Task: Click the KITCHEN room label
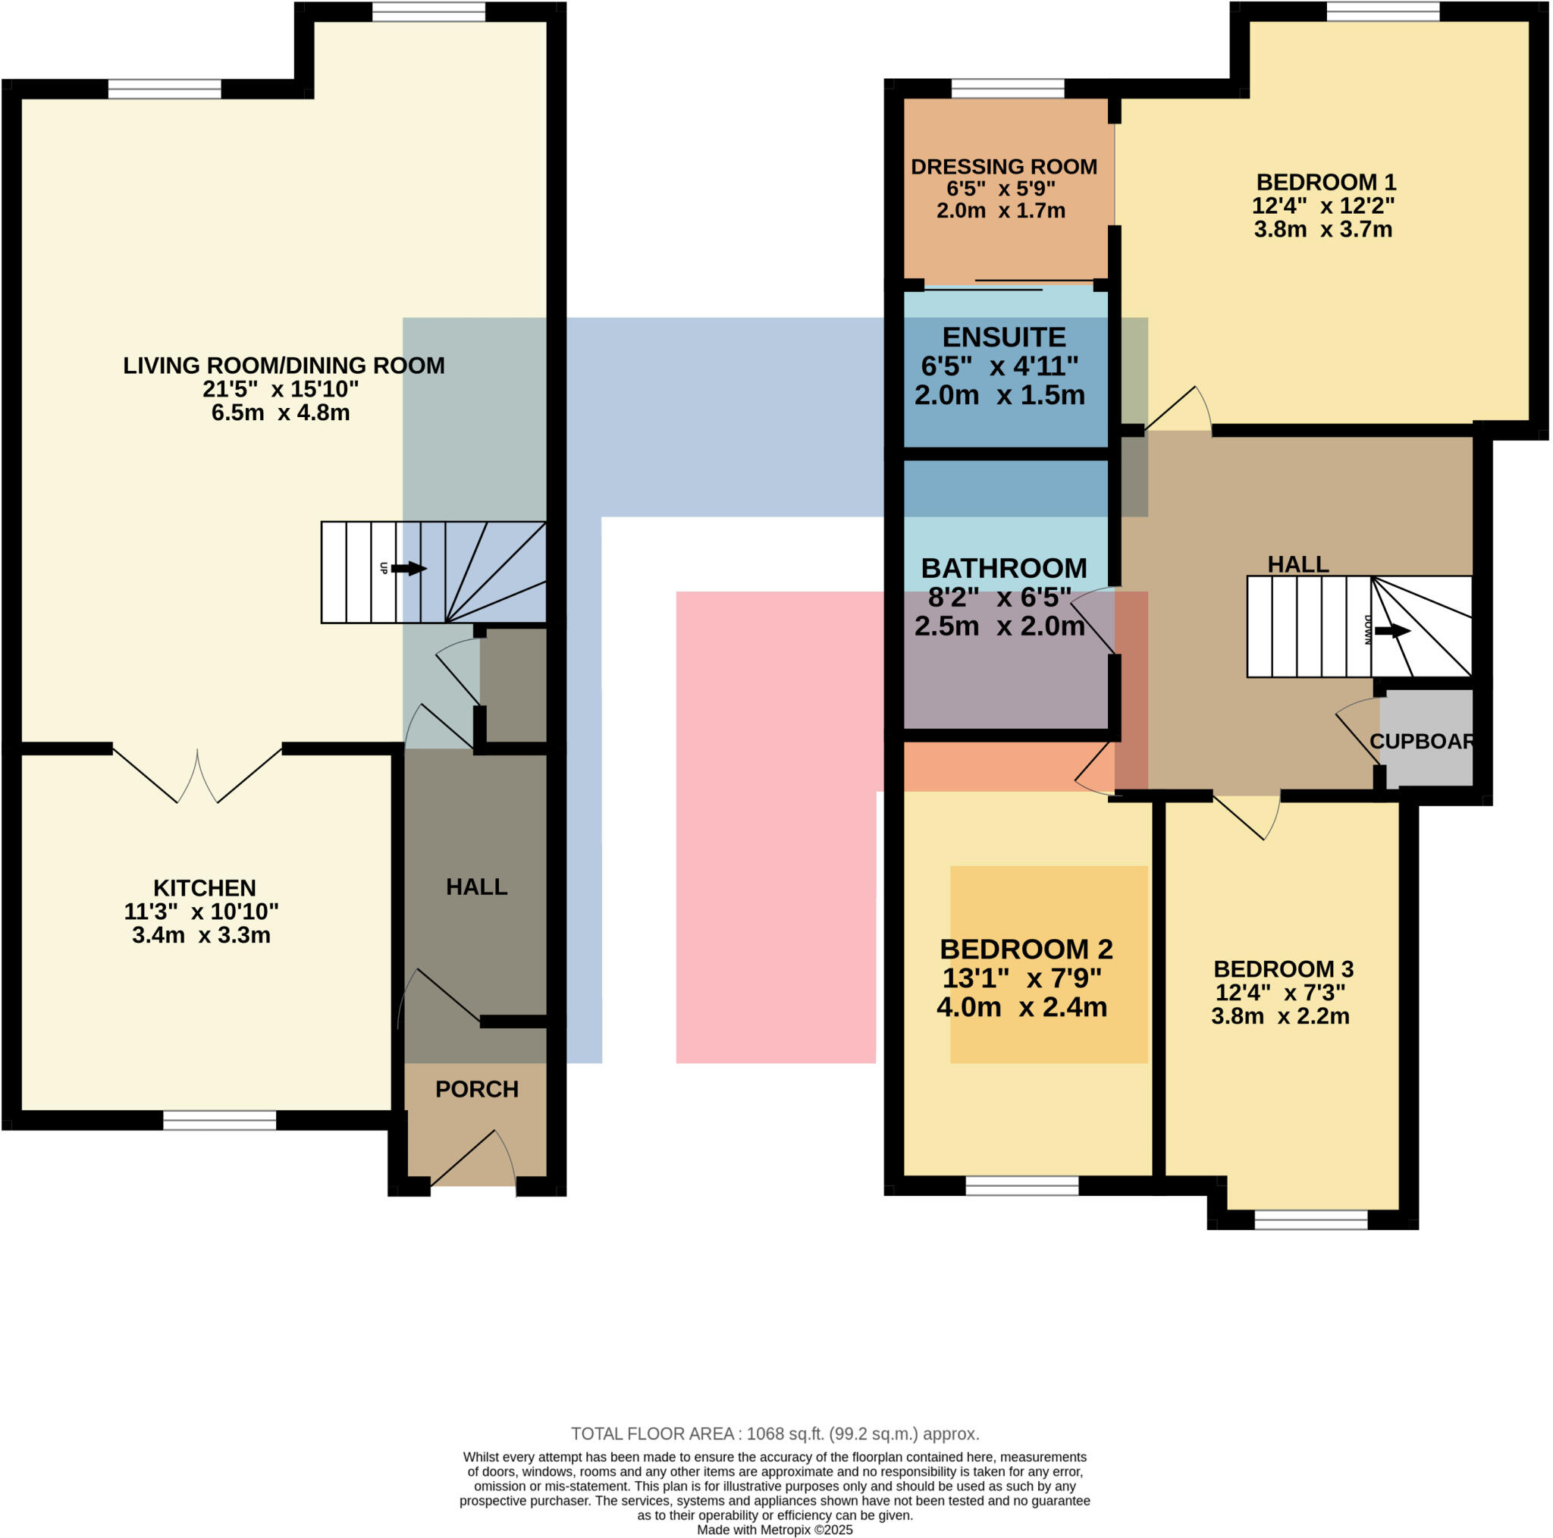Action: [204, 887]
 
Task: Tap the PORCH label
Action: [477, 1088]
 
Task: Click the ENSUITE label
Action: [1004, 337]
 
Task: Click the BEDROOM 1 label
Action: [1326, 182]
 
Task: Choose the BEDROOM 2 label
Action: [1026, 949]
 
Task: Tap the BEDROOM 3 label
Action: [1284, 968]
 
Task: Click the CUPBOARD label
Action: [1421, 741]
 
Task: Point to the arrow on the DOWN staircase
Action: [1392, 631]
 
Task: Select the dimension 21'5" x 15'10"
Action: [281, 389]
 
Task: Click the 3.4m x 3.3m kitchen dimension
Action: [201, 935]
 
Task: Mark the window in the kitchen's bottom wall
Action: [219, 1120]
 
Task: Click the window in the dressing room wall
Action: [1008, 89]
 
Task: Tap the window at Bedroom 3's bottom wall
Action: [1311, 1219]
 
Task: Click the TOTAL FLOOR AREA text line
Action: [775, 1433]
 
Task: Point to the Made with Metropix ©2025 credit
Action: [775, 1530]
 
